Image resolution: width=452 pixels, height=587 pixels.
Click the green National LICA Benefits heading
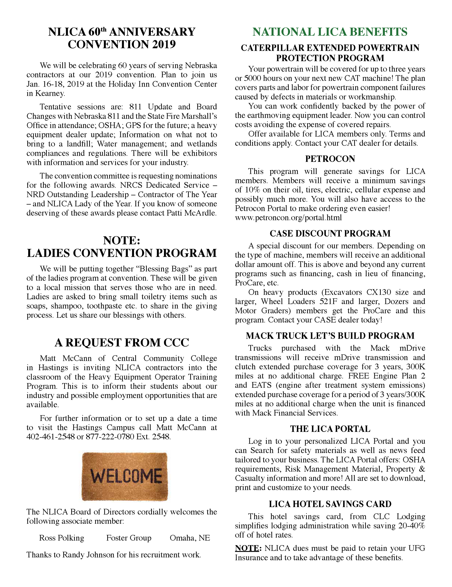(330, 32)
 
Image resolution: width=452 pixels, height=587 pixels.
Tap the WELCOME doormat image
(125, 477)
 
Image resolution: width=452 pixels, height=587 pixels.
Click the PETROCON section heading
(330, 159)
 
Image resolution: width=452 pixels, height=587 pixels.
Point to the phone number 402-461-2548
(50, 437)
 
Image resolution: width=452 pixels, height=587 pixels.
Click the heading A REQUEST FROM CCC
(122, 343)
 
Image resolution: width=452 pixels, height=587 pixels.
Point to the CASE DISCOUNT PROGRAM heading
(330, 233)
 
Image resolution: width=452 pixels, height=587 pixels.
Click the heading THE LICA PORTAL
(330, 429)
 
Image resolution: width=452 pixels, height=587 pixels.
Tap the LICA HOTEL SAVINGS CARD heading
(330, 504)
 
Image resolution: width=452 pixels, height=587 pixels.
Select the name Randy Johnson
(82, 555)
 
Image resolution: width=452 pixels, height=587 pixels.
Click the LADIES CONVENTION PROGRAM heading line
(122, 253)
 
